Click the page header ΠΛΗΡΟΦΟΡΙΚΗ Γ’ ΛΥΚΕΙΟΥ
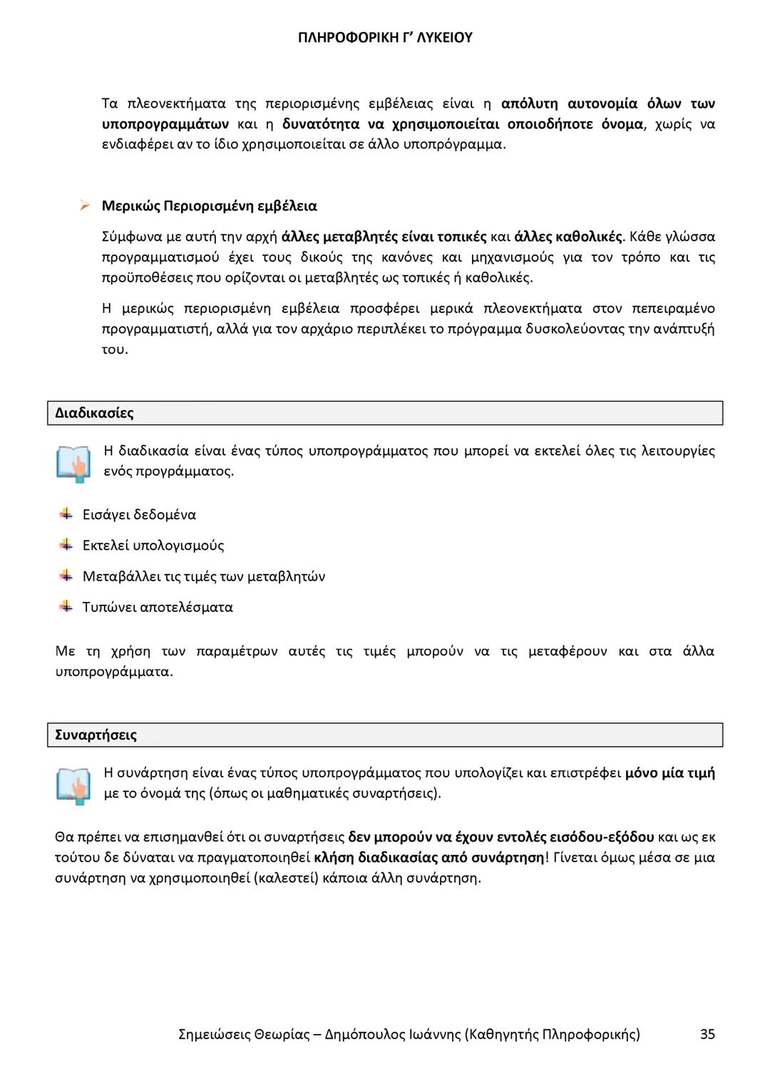(x=385, y=38)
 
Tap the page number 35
(x=707, y=1034)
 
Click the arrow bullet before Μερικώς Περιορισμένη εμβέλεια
(x=84, y=206)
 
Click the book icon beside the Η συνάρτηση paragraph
(x=73, y=785)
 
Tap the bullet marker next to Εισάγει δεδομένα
(x=66, y=513)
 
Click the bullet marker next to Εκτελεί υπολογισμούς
(x=66, y=545)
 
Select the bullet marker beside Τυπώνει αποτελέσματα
(x=66, y=606)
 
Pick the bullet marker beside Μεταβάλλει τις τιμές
(x=66, y=576)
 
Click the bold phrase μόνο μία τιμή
(x=669, y=772)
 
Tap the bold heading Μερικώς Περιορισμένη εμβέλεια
(x=209, y=206)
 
